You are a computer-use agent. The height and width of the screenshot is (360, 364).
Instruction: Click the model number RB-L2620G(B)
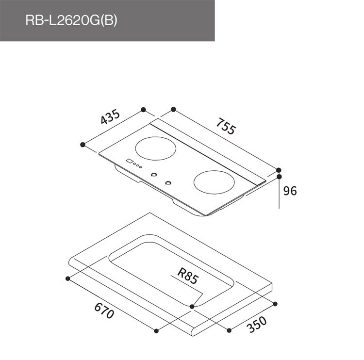pyautogui.click(x=71, y=21)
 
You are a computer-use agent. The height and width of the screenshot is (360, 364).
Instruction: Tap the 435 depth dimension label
pyautogui.click(x=110, y=118)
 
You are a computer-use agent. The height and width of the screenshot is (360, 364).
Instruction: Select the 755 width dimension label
pyautogui.click(x=226, y=127)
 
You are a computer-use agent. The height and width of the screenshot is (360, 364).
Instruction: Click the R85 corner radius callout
pyautogui.click(x=187, y=277)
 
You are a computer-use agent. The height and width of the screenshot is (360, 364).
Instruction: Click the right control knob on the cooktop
pyautogui.click(x=168, y=183)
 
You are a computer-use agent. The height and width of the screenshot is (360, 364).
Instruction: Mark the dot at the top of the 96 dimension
pyautogui.click(x=280, y=177)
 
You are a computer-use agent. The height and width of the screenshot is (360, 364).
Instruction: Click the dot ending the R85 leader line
pyautogui.click(x=193, y=307)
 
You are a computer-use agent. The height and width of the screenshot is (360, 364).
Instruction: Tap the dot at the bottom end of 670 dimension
pyautogui.click(x=156, y=331)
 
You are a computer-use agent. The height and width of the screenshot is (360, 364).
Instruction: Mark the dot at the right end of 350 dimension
pyautogui.click(x=275, y=304)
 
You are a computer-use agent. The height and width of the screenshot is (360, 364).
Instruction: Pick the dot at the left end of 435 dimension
pyautogui.click(x=83, y=144)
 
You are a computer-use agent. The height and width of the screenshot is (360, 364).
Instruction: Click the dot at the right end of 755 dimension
pyautogui.click(x=279, y=170)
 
